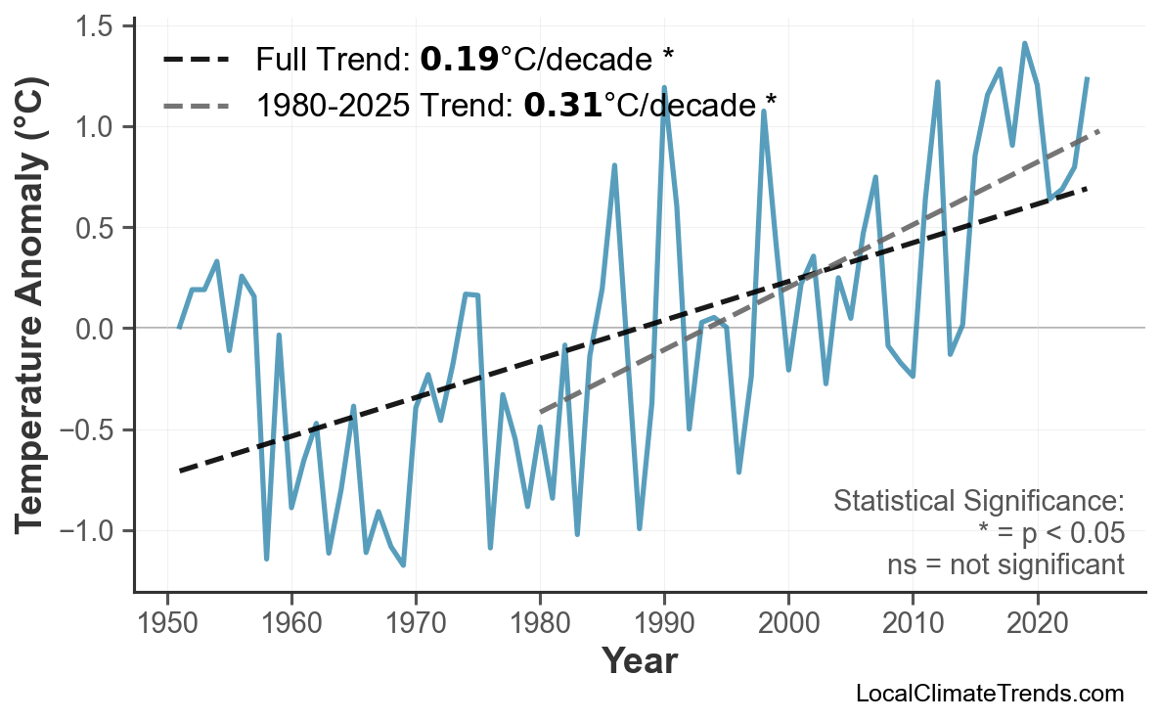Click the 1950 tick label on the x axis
point(167,623)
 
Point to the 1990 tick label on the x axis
point(664,623)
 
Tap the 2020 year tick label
point(1037,623)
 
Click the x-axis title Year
point(639,662)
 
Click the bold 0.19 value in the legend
point(459,61)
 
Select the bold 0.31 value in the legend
point(562,104)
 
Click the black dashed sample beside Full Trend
point(196,61)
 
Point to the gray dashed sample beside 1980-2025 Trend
point(196,104)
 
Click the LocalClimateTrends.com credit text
point(989,695)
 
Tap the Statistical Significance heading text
point(978,502)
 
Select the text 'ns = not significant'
point(1005,564)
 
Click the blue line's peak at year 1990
point(664,88)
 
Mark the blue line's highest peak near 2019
point(1024,43)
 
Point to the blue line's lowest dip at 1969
point(403,565)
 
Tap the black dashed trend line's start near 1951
point(180,472)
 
